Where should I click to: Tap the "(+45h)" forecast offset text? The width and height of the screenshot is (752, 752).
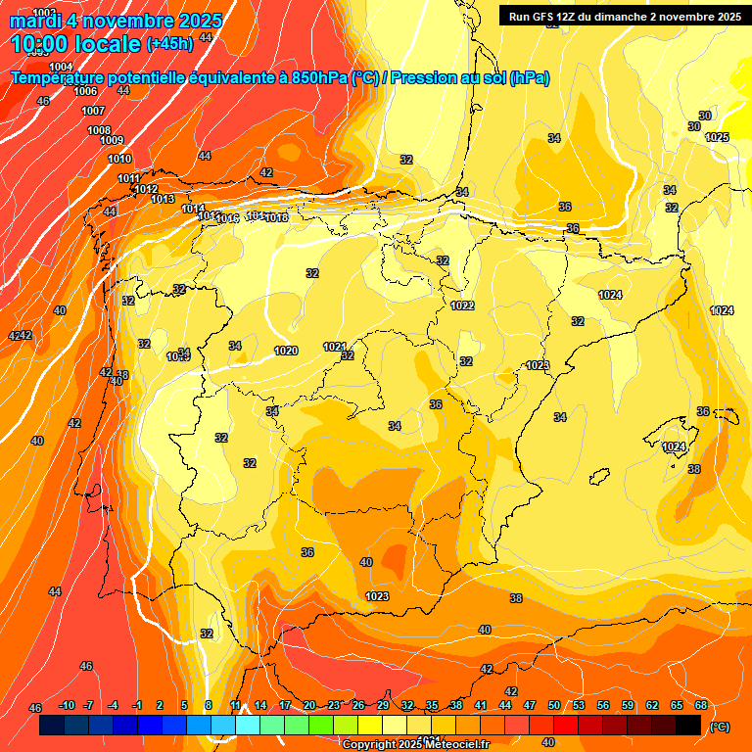(x=169, y=43)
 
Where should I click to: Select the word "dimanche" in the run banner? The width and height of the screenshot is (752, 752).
(x=616, y=17)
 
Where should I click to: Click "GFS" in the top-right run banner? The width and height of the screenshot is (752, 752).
(x=546, y=17)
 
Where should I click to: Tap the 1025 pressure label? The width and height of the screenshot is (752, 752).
(x=717, y=137)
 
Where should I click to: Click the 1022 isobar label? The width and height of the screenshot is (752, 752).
(x=462, y=305)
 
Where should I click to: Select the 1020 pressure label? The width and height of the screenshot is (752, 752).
(x=286, y=351)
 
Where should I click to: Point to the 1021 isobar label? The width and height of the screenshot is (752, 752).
(x=335, y=347)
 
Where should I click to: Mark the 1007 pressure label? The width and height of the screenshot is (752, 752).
(x=93, y=111)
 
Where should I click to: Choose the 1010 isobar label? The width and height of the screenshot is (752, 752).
(x=119, y=159)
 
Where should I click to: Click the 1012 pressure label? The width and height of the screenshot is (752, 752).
(x=147, y=189)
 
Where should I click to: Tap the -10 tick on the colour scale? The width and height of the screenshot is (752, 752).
(x=67, y=705)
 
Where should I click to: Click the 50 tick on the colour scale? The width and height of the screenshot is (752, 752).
(x=554, y=705)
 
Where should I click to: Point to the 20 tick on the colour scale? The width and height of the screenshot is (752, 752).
(x=309, y=705)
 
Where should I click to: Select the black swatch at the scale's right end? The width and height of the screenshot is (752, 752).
(x=688, y=725)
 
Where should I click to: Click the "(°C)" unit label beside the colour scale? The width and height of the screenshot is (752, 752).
(x=719, y=727)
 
